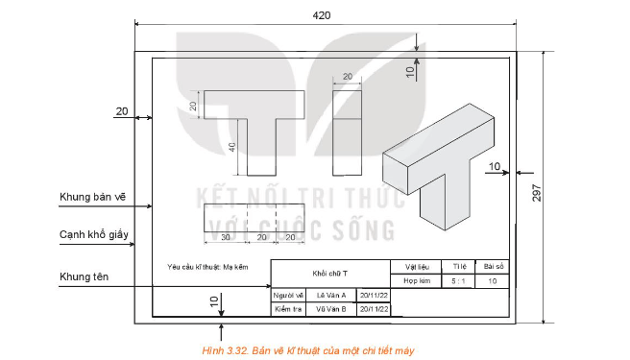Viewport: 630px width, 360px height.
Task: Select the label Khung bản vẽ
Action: coord(92,196)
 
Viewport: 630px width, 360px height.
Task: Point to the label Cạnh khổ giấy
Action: coord(92,234)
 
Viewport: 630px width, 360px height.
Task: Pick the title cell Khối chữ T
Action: coord(330,273)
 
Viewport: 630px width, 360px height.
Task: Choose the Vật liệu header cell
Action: coord(416,266)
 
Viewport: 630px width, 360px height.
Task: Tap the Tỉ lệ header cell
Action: coord(458,266)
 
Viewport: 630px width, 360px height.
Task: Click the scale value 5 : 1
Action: coord(458,281)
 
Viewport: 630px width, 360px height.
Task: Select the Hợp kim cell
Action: coord(416,281)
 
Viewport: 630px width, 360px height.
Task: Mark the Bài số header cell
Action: coord(494,266)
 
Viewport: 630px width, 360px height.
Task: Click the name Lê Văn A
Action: coord(330,295)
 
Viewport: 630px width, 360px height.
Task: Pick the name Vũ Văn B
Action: coord(330,310)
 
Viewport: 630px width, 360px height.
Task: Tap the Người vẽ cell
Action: coord(288,295)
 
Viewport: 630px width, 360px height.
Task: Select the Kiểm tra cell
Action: coord(288,310)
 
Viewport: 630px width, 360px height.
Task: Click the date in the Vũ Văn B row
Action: coord(374,310)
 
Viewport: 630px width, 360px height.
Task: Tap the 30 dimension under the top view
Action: coord(225,236)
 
